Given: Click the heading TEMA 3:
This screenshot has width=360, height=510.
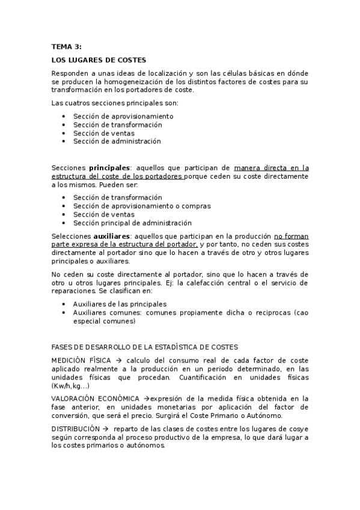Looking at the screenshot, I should [x=66, y=46].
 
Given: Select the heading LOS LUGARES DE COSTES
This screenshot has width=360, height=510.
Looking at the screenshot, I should [x=99, y=60].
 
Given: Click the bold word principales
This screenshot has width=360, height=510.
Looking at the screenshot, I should [x=109, y=168].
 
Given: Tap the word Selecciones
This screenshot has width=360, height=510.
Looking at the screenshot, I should [x=71, y=237].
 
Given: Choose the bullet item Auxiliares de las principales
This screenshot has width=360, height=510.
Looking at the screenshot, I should [x=120, y=304].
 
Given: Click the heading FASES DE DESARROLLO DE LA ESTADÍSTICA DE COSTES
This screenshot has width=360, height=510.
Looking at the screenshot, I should [x=145, y=347].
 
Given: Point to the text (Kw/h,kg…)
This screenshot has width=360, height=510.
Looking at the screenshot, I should [x=71, y=386].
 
